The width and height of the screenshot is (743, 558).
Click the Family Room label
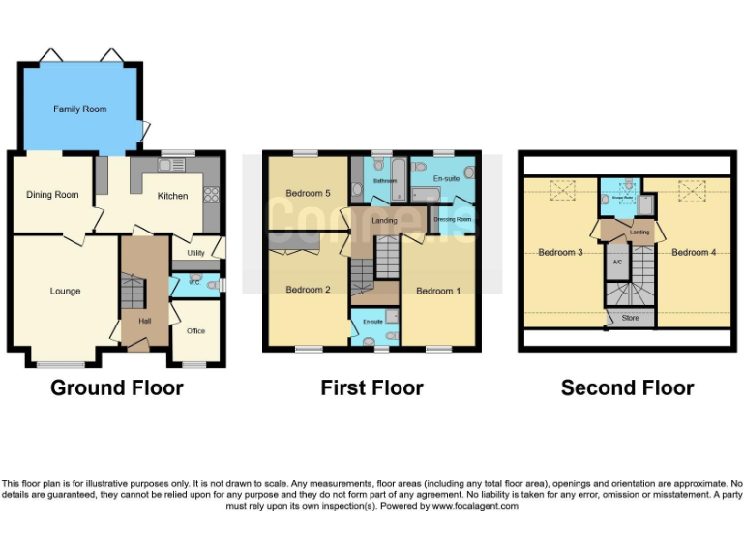click(x=79, y=109)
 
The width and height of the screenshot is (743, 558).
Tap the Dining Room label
click(x=53, y=195)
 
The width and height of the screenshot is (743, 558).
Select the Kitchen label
click(x=173, y=196)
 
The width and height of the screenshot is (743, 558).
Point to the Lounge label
click(x=66, y=291)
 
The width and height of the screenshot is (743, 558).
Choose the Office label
click(x=195, y=331)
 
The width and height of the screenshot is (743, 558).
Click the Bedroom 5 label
click(x=309, y=194)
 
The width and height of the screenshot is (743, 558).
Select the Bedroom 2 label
click(x=309, y=290)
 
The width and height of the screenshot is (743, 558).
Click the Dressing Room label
click(x=452, y=220)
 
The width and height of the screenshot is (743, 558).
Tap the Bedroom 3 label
click(x=560, y=253)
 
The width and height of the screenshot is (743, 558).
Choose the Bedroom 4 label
click(x=694, y=253)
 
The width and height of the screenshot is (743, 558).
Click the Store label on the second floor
click(x=630, y=318)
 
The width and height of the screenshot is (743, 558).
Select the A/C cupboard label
click(x=615, y=262)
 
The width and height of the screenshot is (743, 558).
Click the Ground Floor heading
click(x=116, y=388)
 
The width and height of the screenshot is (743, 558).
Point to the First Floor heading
click(x=371, y=388)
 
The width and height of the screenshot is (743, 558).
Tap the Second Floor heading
click(x=627, y=388)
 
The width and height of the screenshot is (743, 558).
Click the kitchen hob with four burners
click(x=211, y=194)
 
